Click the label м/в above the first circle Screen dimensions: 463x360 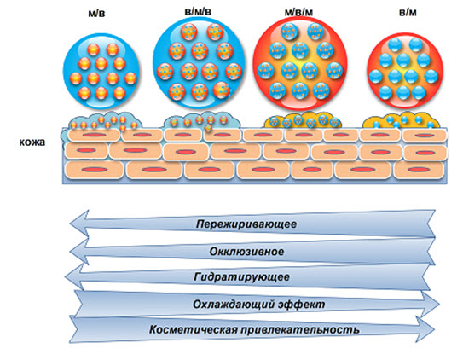[x=96, y=14]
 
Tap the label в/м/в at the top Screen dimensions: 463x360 [x=198, y=12]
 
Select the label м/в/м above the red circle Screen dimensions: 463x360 [x=298, y=12]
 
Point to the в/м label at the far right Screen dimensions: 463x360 [x=408, y=13]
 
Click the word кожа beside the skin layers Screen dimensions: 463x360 [x=32, y=142]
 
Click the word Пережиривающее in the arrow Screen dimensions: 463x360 [x=246, y=224]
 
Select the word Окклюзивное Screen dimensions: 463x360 [x=247, y=252]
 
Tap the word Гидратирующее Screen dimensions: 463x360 [x=241, y=277]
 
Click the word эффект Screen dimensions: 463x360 [x=302, y=305]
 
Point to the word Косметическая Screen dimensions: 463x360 [x=193, y=329]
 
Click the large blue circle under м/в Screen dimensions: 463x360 [x=101, y=71]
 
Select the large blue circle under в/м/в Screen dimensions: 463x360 [x=199, y=61]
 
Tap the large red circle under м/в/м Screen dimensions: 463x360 [x=300, y=63]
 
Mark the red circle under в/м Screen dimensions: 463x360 [x=405, y=71]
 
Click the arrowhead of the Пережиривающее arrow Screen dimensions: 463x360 [x=79, y=224]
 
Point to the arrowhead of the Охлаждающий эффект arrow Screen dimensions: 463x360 [x=430, y=305]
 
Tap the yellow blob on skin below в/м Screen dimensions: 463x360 [x=402, y=120]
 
